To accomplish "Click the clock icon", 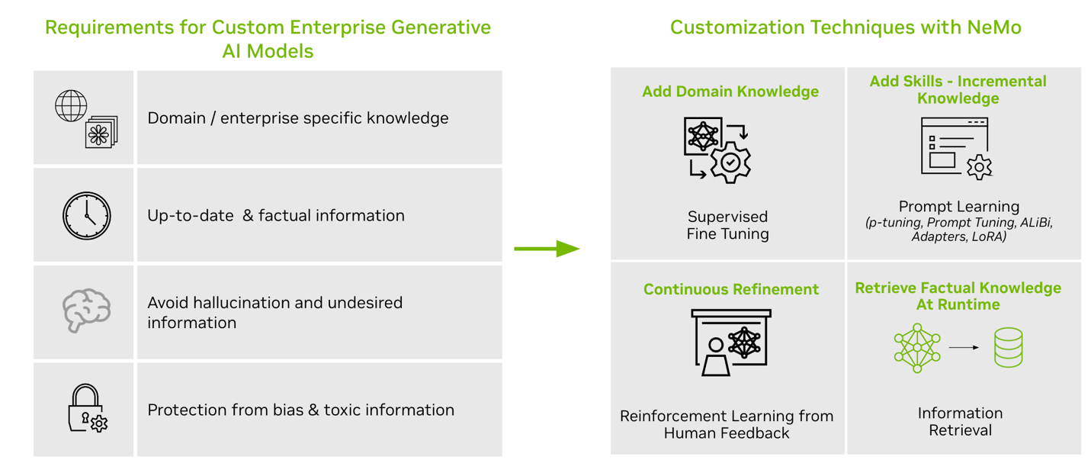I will (86, 216).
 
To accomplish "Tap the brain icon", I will (86, 311).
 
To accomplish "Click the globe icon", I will (71, 106).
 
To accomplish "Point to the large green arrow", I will (546, 249).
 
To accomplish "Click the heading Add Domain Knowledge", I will (730, 92).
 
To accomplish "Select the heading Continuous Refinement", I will (730, 289).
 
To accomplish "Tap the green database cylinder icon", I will (1008, 348).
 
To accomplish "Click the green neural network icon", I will (917, 348).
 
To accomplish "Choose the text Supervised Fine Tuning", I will (727, 225).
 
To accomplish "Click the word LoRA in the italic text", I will (988, 236).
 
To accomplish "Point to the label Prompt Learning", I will (958, 206).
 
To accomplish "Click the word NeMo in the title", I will (993, 28).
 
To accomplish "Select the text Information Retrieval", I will (959, 421).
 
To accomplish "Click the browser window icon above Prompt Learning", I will (955, 147).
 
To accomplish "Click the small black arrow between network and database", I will (964, 348).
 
